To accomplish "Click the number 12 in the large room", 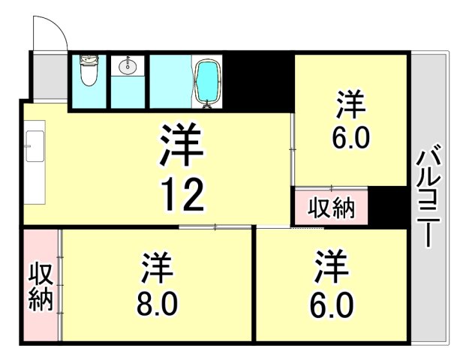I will pos(181,196).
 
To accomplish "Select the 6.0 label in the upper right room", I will pos(350,139).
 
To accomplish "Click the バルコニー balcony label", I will pos(428,196).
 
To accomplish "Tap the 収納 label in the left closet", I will pos(41,286).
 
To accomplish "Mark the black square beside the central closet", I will pos(389,208).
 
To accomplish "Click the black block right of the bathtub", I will pos(256,80).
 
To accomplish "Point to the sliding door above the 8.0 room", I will pos(215,226).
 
